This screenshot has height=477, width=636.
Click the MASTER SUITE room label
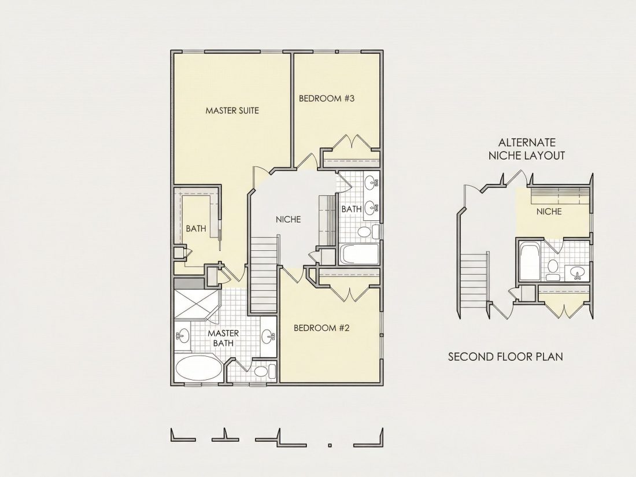click(232, 110)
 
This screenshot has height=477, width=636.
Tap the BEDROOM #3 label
click(327, 98)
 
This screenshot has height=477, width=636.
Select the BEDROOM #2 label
click(321, 328)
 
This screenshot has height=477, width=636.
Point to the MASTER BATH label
click(223, 338)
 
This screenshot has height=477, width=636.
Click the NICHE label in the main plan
click(289, 220)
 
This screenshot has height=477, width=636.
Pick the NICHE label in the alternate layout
click(549, 211)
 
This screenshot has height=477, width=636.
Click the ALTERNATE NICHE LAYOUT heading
click(527, 149)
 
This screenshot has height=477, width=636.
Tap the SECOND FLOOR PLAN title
click(505, 357)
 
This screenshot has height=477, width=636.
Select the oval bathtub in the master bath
click(199, 368)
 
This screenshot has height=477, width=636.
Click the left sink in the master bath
click(183, 337)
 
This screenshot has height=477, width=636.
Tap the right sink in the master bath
click(268, 337)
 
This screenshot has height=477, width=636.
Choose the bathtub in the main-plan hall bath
click(359, 254)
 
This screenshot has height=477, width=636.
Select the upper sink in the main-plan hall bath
click(371, 182)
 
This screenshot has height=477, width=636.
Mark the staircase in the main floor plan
click(264, 274)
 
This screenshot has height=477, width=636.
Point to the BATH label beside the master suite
click(196, 229)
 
